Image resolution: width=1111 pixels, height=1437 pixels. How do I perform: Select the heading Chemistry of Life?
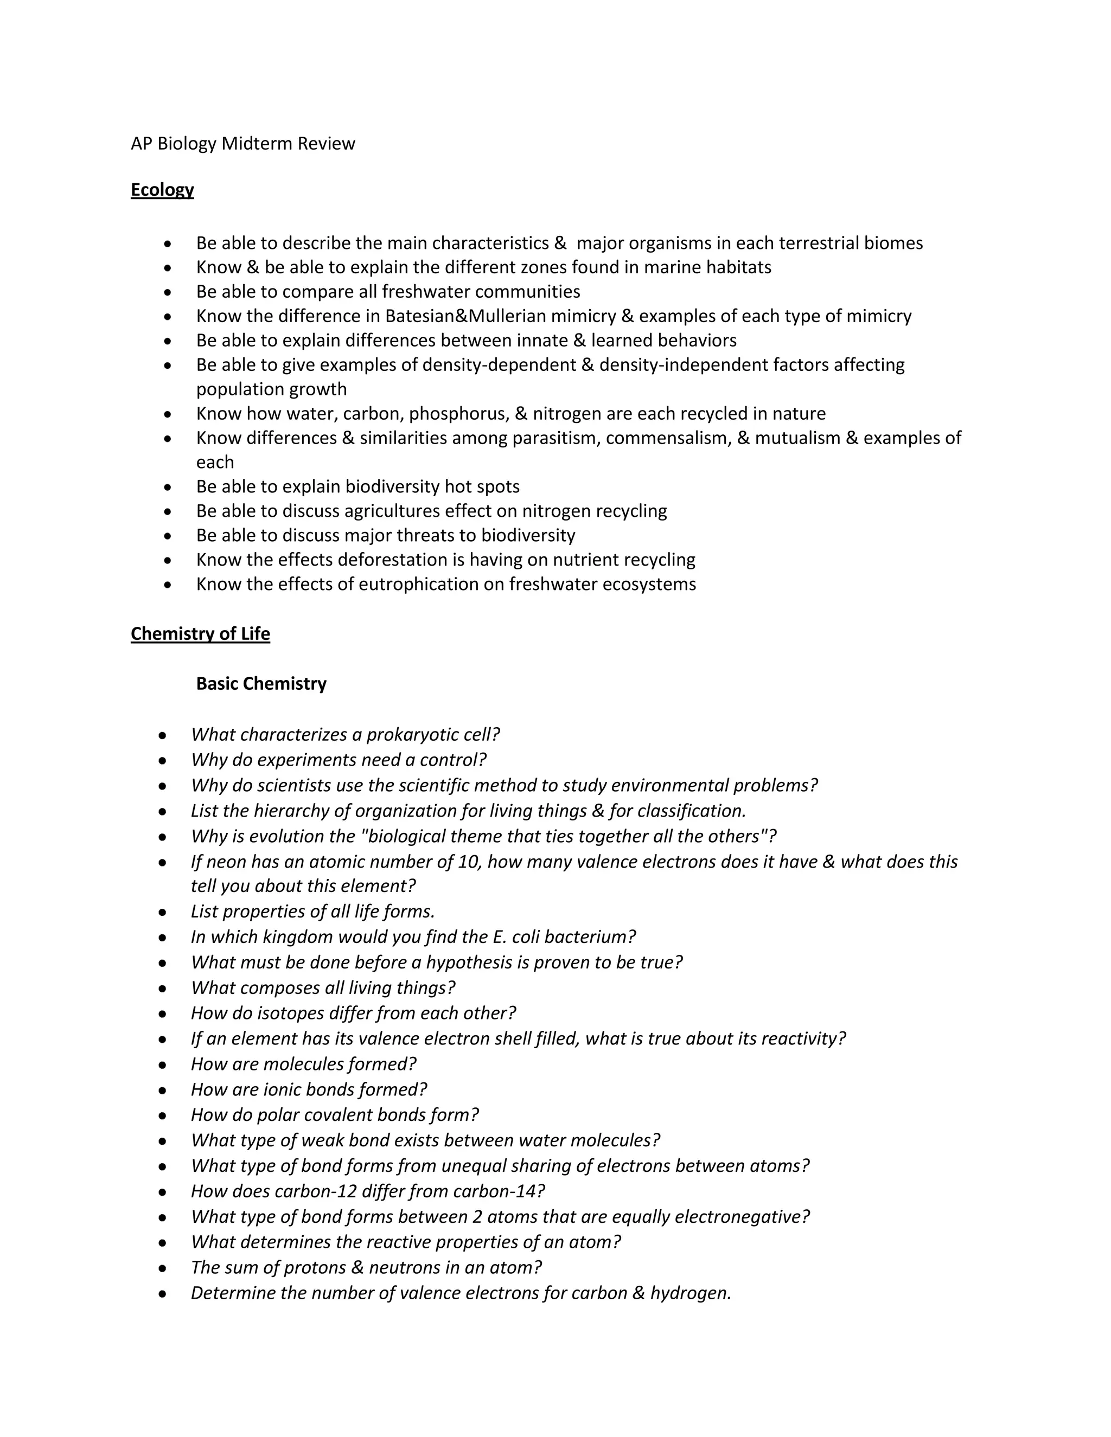(200, 633)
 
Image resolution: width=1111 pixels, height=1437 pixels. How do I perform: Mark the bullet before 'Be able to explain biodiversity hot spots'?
(169, 487)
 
